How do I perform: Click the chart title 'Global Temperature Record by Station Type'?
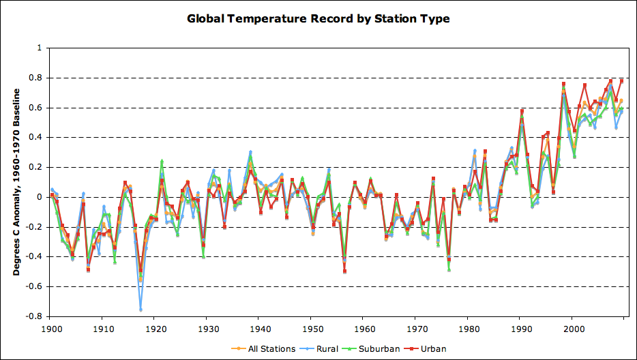(318, 18)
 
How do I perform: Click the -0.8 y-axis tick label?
(33, 316)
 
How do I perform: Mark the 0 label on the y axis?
(39, 197)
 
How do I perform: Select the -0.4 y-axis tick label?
(33, 257)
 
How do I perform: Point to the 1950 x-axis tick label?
(311, 327)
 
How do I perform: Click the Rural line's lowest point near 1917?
(140, 310)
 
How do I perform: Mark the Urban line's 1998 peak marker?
(563, 84)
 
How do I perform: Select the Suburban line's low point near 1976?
(449, 269)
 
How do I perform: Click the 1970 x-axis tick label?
(415, 327)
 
